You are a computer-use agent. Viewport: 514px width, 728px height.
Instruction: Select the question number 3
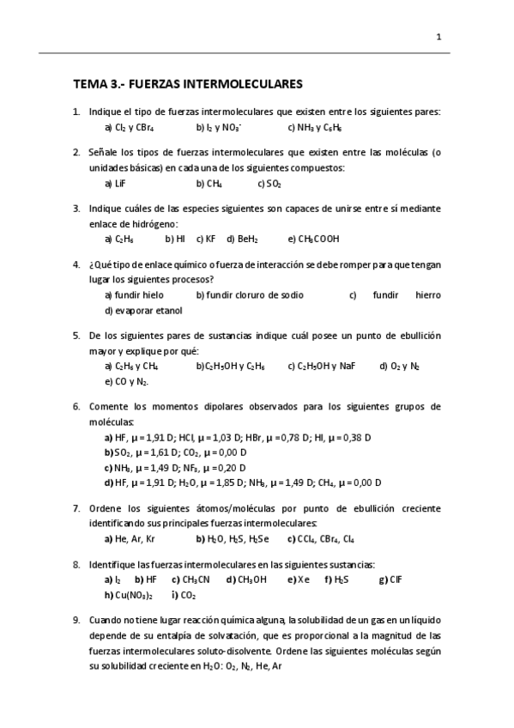(76, 208)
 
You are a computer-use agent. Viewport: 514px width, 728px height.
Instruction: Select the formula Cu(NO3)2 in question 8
(133, 595)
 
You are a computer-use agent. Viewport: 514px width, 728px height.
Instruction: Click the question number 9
(76, 620)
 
